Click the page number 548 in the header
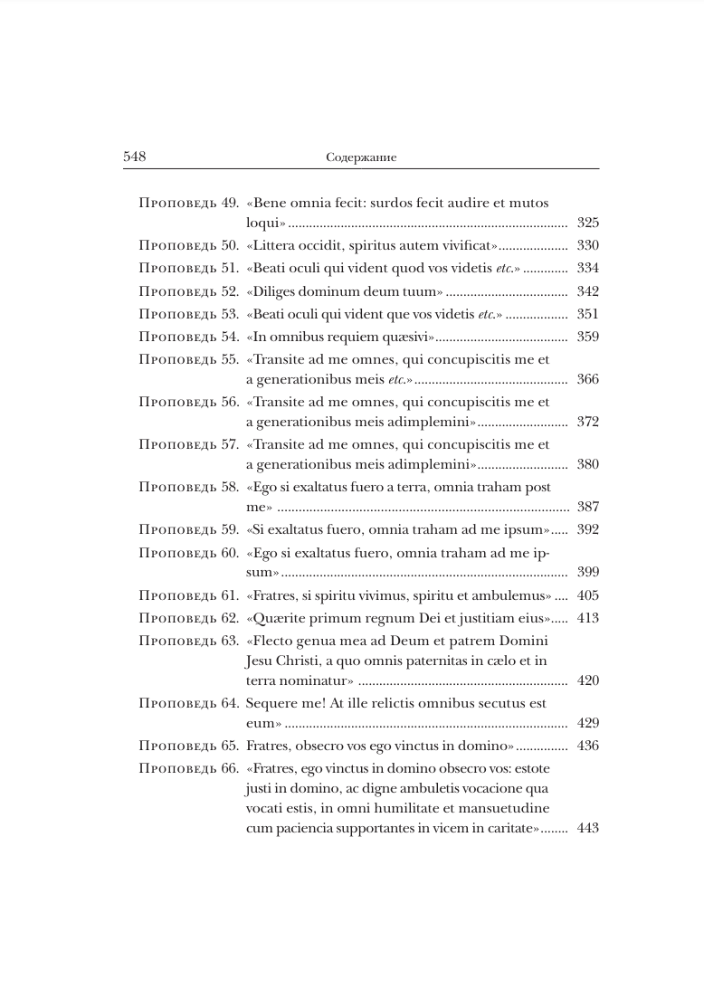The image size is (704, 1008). coord(135,157)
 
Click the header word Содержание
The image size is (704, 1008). coord(361,157)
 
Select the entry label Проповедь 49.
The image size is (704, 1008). coord(188,203)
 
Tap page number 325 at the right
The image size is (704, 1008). coord(587,223)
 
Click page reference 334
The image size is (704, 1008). coord(587,269)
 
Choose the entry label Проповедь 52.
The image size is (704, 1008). coord(188,291)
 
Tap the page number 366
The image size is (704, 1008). coord(587,379)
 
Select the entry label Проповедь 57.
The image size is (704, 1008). coord(188,444)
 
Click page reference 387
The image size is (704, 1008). coord(587,507)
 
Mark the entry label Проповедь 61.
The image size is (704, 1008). coord(188,595)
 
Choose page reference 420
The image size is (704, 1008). coord(587,680)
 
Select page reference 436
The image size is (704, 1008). coord(587,746)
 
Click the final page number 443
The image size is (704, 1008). coord(587,828)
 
